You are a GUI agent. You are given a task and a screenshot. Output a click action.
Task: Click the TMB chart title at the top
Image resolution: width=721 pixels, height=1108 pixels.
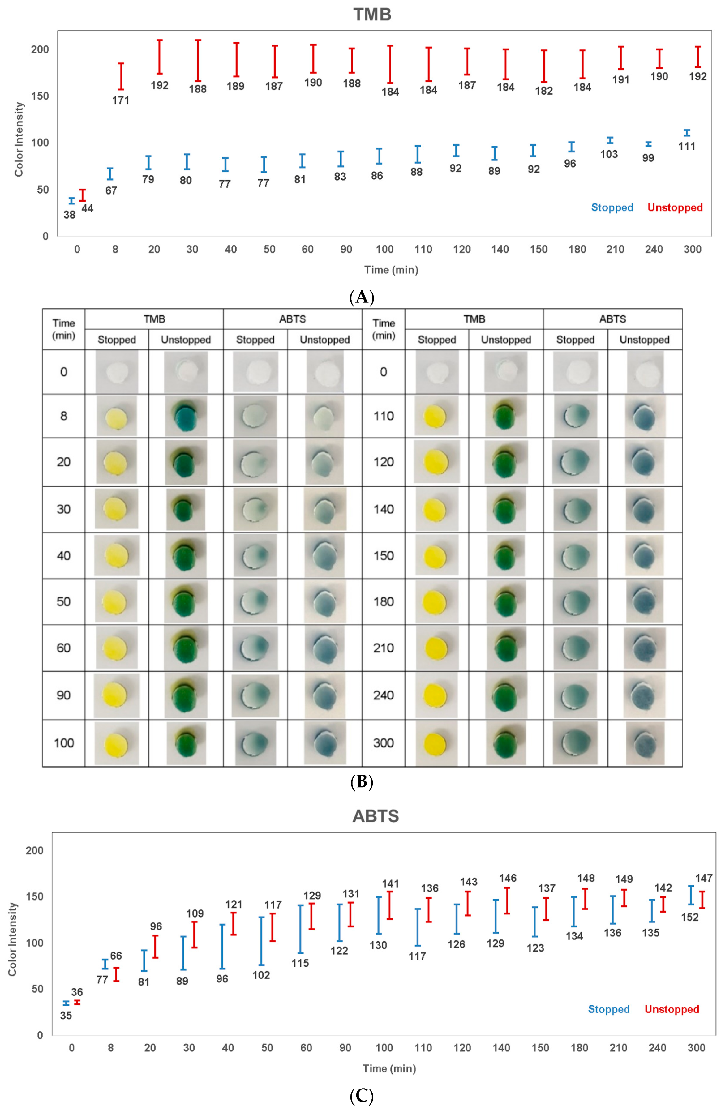[372, 15]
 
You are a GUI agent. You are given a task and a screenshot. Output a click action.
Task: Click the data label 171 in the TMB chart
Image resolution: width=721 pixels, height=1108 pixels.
[121, 100]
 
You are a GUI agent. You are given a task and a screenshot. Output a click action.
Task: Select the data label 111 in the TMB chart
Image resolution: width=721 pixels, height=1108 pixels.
[687, 146]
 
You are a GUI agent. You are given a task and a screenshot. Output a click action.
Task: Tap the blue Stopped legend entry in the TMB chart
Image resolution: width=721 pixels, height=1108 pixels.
[612, 207]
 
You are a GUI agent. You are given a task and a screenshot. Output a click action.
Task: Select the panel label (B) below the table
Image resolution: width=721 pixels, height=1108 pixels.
[362, 782]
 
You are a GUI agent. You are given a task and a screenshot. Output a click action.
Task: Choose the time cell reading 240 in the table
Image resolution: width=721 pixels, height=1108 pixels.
[383, 695]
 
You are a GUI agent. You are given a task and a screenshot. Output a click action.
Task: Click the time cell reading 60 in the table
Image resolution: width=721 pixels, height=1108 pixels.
[63, 648]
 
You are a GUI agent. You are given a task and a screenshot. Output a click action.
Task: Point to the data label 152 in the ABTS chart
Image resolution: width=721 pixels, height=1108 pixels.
[690, 917]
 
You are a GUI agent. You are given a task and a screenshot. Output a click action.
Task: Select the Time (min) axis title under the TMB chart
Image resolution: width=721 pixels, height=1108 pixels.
[391, 270]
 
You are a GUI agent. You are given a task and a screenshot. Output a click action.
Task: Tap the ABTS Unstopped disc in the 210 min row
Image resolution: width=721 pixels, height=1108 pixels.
[645, 648]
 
